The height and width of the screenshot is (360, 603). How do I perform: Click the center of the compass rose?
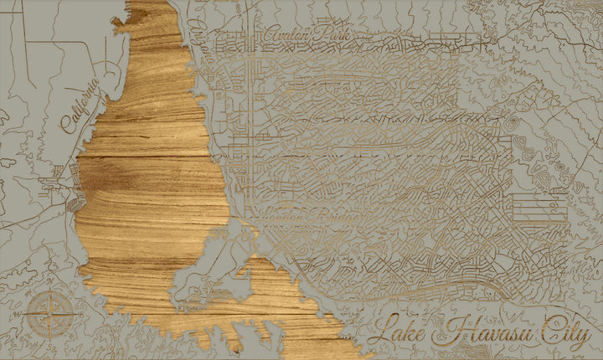click(x=45, y=316)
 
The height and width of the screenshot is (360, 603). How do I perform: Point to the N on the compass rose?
click(x=46, y=294)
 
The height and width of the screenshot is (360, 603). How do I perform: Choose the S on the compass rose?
click(x=45, y=339)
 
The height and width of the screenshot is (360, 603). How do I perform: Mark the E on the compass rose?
click(x=67, y=316)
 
